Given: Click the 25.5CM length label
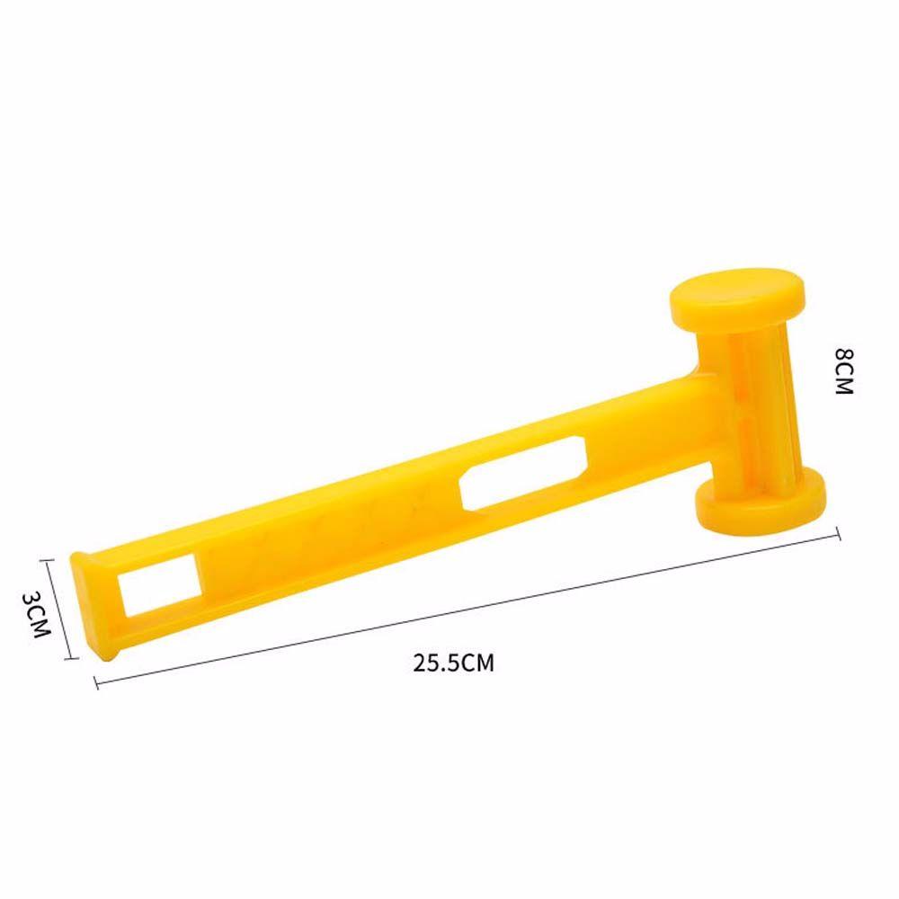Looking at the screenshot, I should [454, 663].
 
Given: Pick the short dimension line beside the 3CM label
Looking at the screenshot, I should [60, 609].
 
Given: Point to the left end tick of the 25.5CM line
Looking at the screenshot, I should [95, 684].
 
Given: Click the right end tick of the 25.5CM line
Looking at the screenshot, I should [839, 530].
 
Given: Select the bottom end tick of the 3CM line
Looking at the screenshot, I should [68, 660].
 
